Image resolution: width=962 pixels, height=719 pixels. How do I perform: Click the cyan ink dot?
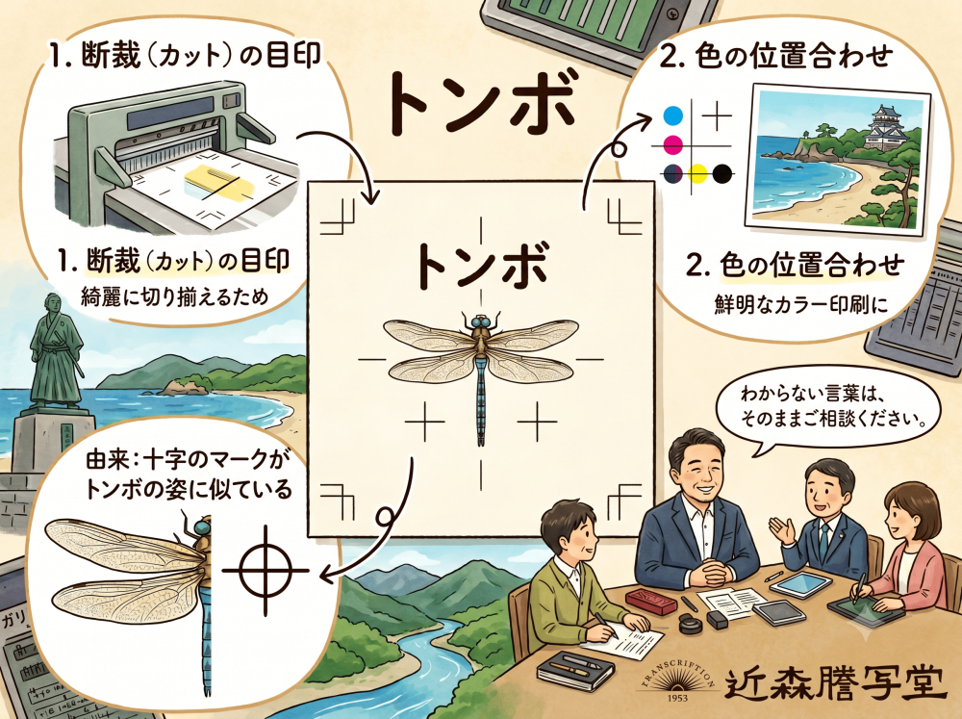pos(673,115)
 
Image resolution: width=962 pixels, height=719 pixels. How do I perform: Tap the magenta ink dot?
pos(673,145)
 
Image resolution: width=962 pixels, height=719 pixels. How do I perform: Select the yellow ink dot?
pos(697,174)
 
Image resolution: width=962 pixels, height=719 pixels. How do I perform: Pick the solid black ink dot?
pos(722,174)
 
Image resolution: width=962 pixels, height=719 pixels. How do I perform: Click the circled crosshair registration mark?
pos(266,571)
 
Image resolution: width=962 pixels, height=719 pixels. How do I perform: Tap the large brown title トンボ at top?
pos(482,103)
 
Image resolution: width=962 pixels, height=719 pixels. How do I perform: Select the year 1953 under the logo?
pos(676,698)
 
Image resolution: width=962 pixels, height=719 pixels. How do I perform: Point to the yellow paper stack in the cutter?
pos(216,182)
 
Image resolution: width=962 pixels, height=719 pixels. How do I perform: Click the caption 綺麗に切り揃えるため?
pos(175,296)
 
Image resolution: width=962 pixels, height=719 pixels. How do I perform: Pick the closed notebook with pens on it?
pos(575,670)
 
